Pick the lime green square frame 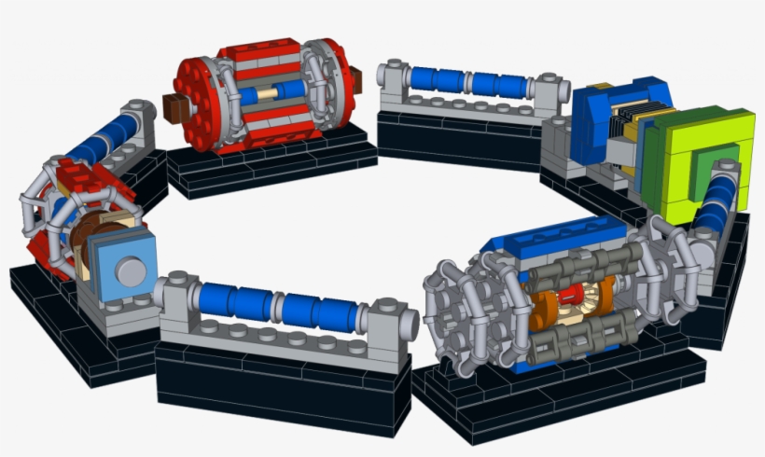click(695, 159)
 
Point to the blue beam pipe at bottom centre click(280, 306)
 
